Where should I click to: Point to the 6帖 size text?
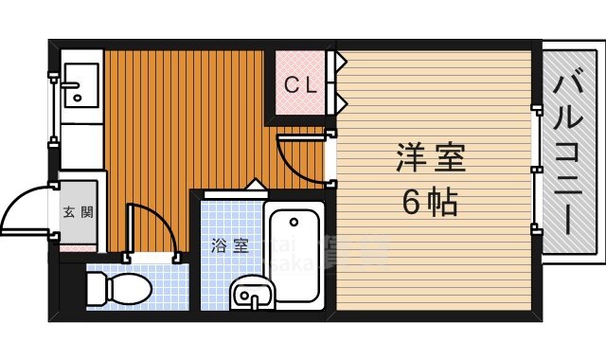click(x=431, y=202)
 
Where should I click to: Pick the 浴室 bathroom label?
click(x=230, y=245)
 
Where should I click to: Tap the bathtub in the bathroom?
click(x=294, y=256)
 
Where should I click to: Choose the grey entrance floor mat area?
click(x=78, y=212)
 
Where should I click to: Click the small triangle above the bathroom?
click(x=254, y=184)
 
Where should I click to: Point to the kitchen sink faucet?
click(x=73, y=96)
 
